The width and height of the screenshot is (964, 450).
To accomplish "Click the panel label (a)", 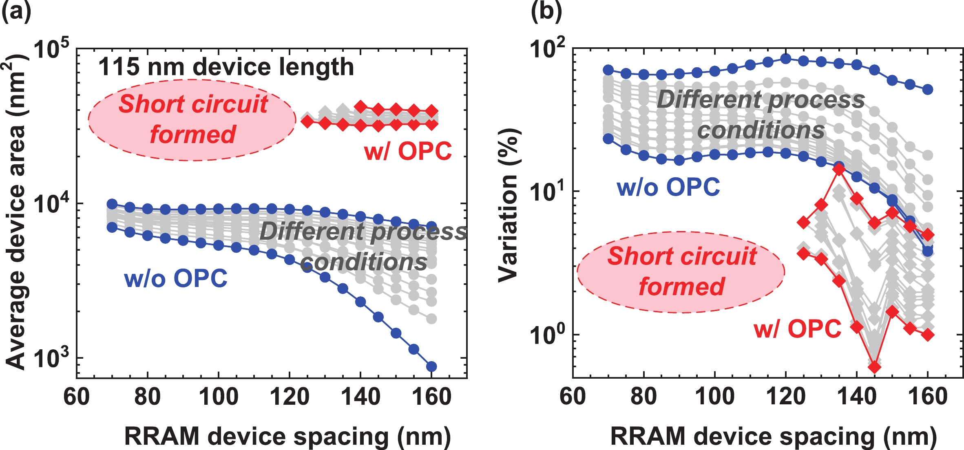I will click(16, 11).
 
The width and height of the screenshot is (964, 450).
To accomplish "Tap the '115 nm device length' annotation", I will click(226, 67).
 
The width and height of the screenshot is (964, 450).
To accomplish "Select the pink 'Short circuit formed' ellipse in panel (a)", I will click(192, 120).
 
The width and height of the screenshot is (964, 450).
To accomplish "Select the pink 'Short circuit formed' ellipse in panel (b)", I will click(681, 272).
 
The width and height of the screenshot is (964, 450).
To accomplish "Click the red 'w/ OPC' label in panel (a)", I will click(408, 151).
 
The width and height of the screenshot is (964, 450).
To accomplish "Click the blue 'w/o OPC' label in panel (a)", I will click(176, 279).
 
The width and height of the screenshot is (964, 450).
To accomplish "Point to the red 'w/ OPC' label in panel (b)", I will click(797, 329).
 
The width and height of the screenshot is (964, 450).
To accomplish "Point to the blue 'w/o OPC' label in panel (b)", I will click(668, 187).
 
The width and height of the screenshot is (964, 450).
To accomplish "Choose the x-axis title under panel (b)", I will click(773, 437).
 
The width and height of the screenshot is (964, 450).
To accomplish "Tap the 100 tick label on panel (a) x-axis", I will click(218, 397).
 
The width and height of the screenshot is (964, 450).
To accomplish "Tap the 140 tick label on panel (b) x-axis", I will click(857, 397).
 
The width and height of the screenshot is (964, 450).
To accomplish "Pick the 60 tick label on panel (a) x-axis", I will click(77, 397).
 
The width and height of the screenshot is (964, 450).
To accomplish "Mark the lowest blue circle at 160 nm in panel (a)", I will click(431, 366).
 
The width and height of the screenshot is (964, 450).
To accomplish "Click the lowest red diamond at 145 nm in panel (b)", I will click(874, 367).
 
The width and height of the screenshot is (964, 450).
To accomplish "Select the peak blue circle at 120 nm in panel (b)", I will click(786, 59).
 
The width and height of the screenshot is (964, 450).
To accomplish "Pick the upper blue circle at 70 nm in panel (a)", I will click(112, 204).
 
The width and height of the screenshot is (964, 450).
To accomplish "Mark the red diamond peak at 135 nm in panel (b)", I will click(839, 169).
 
